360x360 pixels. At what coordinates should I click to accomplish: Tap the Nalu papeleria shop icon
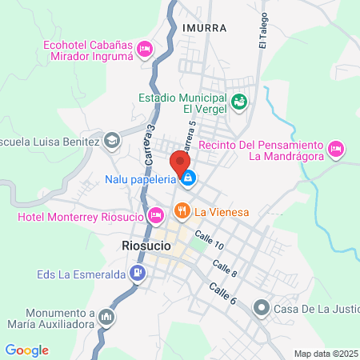pyautogui.click(x=187, y=178)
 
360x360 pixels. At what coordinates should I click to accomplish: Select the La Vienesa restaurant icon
pyautogui.click(x=181, y=212)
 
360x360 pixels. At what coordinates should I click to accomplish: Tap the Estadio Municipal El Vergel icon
pyautogui.click(x=238, y=102)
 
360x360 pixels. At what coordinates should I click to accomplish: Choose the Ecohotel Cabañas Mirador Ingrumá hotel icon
pyautogui.click(x=145, y=50)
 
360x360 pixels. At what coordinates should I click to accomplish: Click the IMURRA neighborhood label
pyautogui.click(x=204, y=27)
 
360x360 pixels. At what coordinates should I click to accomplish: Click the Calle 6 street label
pyautogui.click(x=222, y=293)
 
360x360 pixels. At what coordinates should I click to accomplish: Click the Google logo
pyautogui.click(x=26, y=350)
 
